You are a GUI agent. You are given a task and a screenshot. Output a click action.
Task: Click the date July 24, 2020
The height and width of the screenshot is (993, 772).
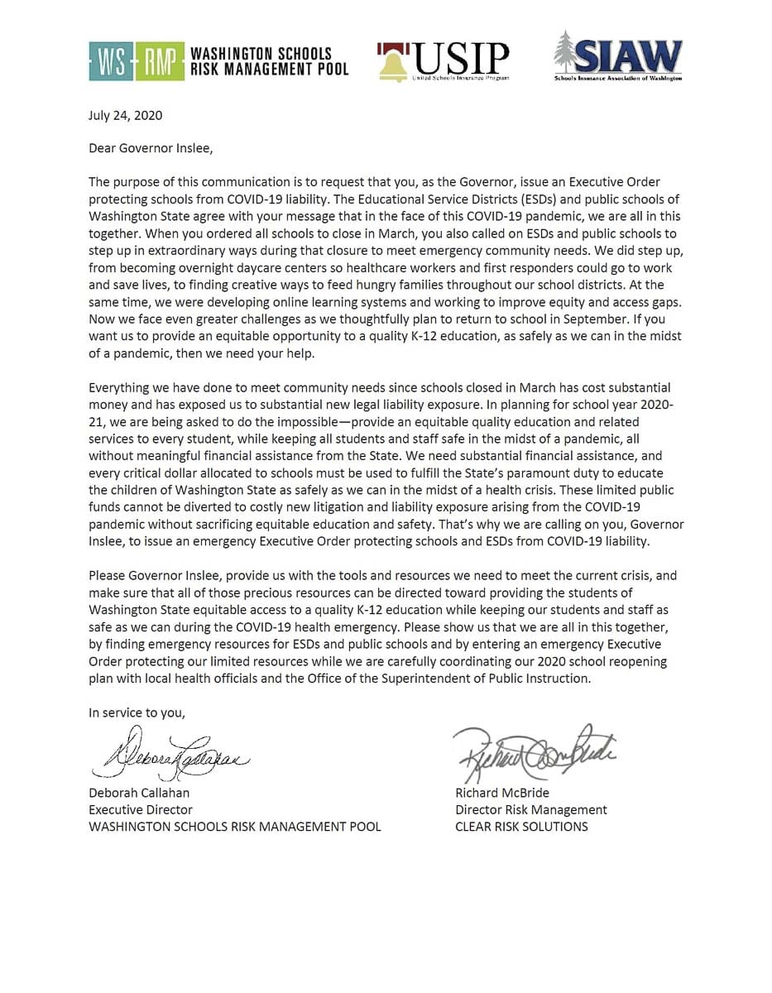coord(126,116)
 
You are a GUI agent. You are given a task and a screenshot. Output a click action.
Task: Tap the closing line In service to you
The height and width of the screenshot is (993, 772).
coord(137,712)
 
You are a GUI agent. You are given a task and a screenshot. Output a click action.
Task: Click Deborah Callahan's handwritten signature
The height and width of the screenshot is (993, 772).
coord(170,756)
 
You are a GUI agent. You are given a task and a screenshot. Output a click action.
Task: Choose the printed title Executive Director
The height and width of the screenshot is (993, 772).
coord(141,809)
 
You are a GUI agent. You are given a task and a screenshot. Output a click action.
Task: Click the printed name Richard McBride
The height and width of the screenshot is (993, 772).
coord(502,792)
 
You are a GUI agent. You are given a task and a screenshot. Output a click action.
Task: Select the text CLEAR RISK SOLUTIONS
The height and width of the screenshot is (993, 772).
coord(521,826)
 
